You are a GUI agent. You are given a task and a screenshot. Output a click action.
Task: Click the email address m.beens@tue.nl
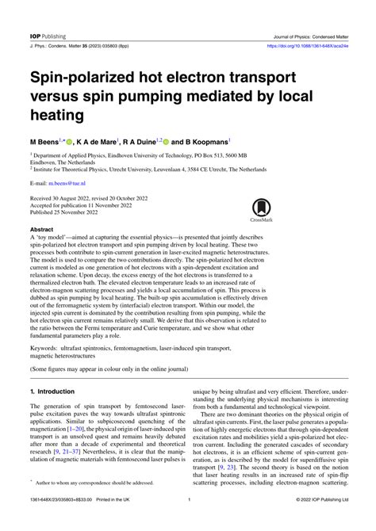point(67,181)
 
